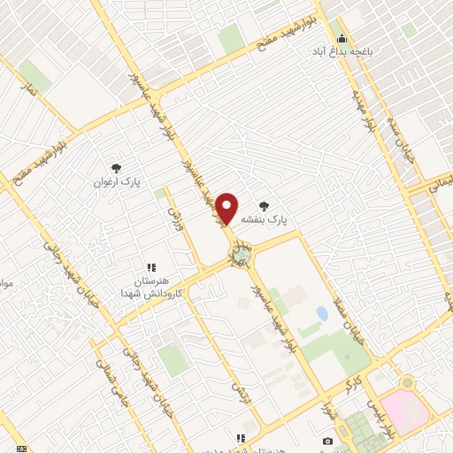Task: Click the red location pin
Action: coord(227,209)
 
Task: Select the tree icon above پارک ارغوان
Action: coord(116,168)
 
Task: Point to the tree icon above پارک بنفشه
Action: coord(263,204)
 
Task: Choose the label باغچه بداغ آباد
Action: coord(342,52)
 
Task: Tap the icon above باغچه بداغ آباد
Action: coord(342,38)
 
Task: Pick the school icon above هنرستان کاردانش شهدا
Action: coord(151,265)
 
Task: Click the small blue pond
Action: coord(321,313)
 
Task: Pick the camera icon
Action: coord(328,441)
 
